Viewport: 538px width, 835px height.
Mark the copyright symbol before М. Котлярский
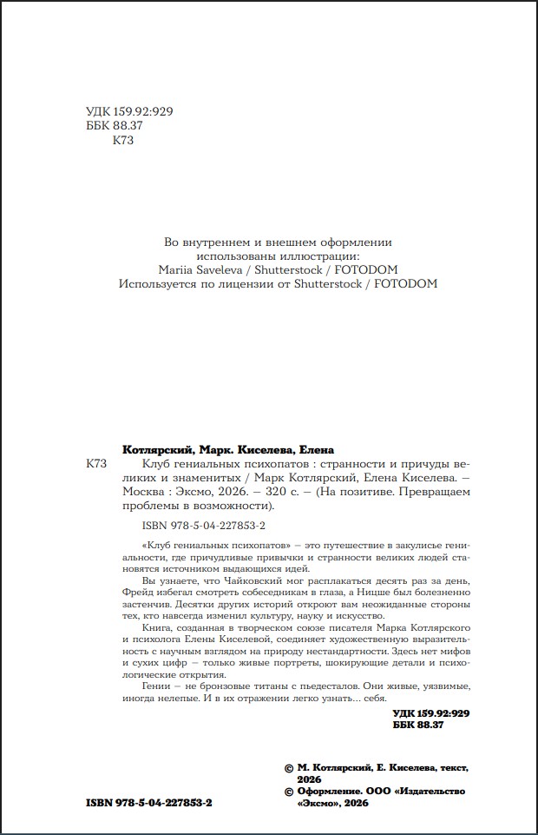click(289, 768)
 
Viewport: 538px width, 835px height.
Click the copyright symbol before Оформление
click(289, 792)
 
